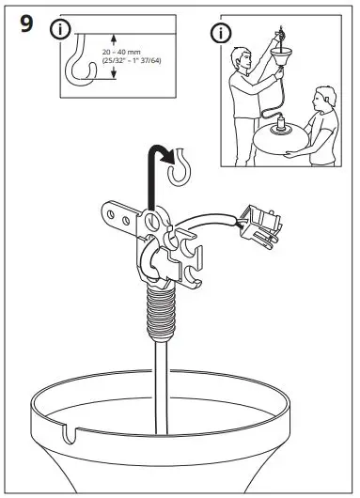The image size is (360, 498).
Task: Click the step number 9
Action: click(x=29, y=25)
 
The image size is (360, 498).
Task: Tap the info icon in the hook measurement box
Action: click(x=62, y=29)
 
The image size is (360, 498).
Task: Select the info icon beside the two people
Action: click(x=221, y=35)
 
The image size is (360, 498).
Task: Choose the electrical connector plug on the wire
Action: click(x=262, y=224)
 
